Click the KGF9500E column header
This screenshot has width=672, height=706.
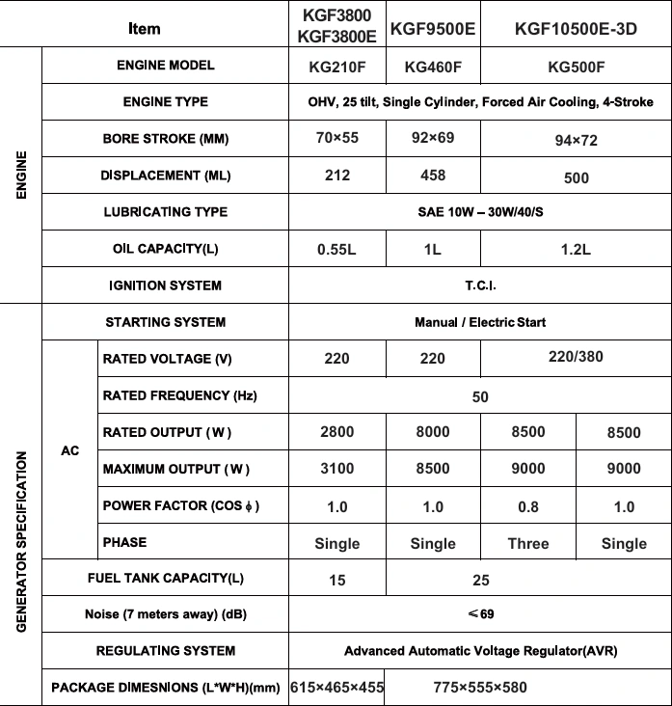[x=433, y=29]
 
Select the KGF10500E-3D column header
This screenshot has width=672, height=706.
[x=576, y=29]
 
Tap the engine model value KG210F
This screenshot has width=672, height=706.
[x=336, y=68]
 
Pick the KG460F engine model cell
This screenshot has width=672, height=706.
[x=433, y=68]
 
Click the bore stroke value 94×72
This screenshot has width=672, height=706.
[x=576, y=141]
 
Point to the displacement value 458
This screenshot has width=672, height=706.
[x=433, y=175]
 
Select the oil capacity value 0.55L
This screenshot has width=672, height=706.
[x=336, y=249]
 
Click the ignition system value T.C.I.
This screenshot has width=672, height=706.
[x=479, y=285]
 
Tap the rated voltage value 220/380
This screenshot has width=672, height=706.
[x=576, y=357]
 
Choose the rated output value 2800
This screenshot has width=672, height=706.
[x=336, y=432]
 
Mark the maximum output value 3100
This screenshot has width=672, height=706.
[x=336, y=469]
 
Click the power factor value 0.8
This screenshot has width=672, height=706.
[x=527, y=506]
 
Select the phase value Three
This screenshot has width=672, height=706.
[x=527, y=543]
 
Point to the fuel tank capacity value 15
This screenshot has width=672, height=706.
[x=336, y=580]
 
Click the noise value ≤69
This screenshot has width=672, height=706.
[x=479, y=614]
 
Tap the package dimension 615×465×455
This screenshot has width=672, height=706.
[x=336, y=688]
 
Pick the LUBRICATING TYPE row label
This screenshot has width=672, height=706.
[x=165, y=212]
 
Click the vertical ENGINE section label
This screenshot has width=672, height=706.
[x=20, y=176]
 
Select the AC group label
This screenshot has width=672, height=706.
[x=69, y=450]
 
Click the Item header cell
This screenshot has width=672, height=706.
[x=144, y=29]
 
